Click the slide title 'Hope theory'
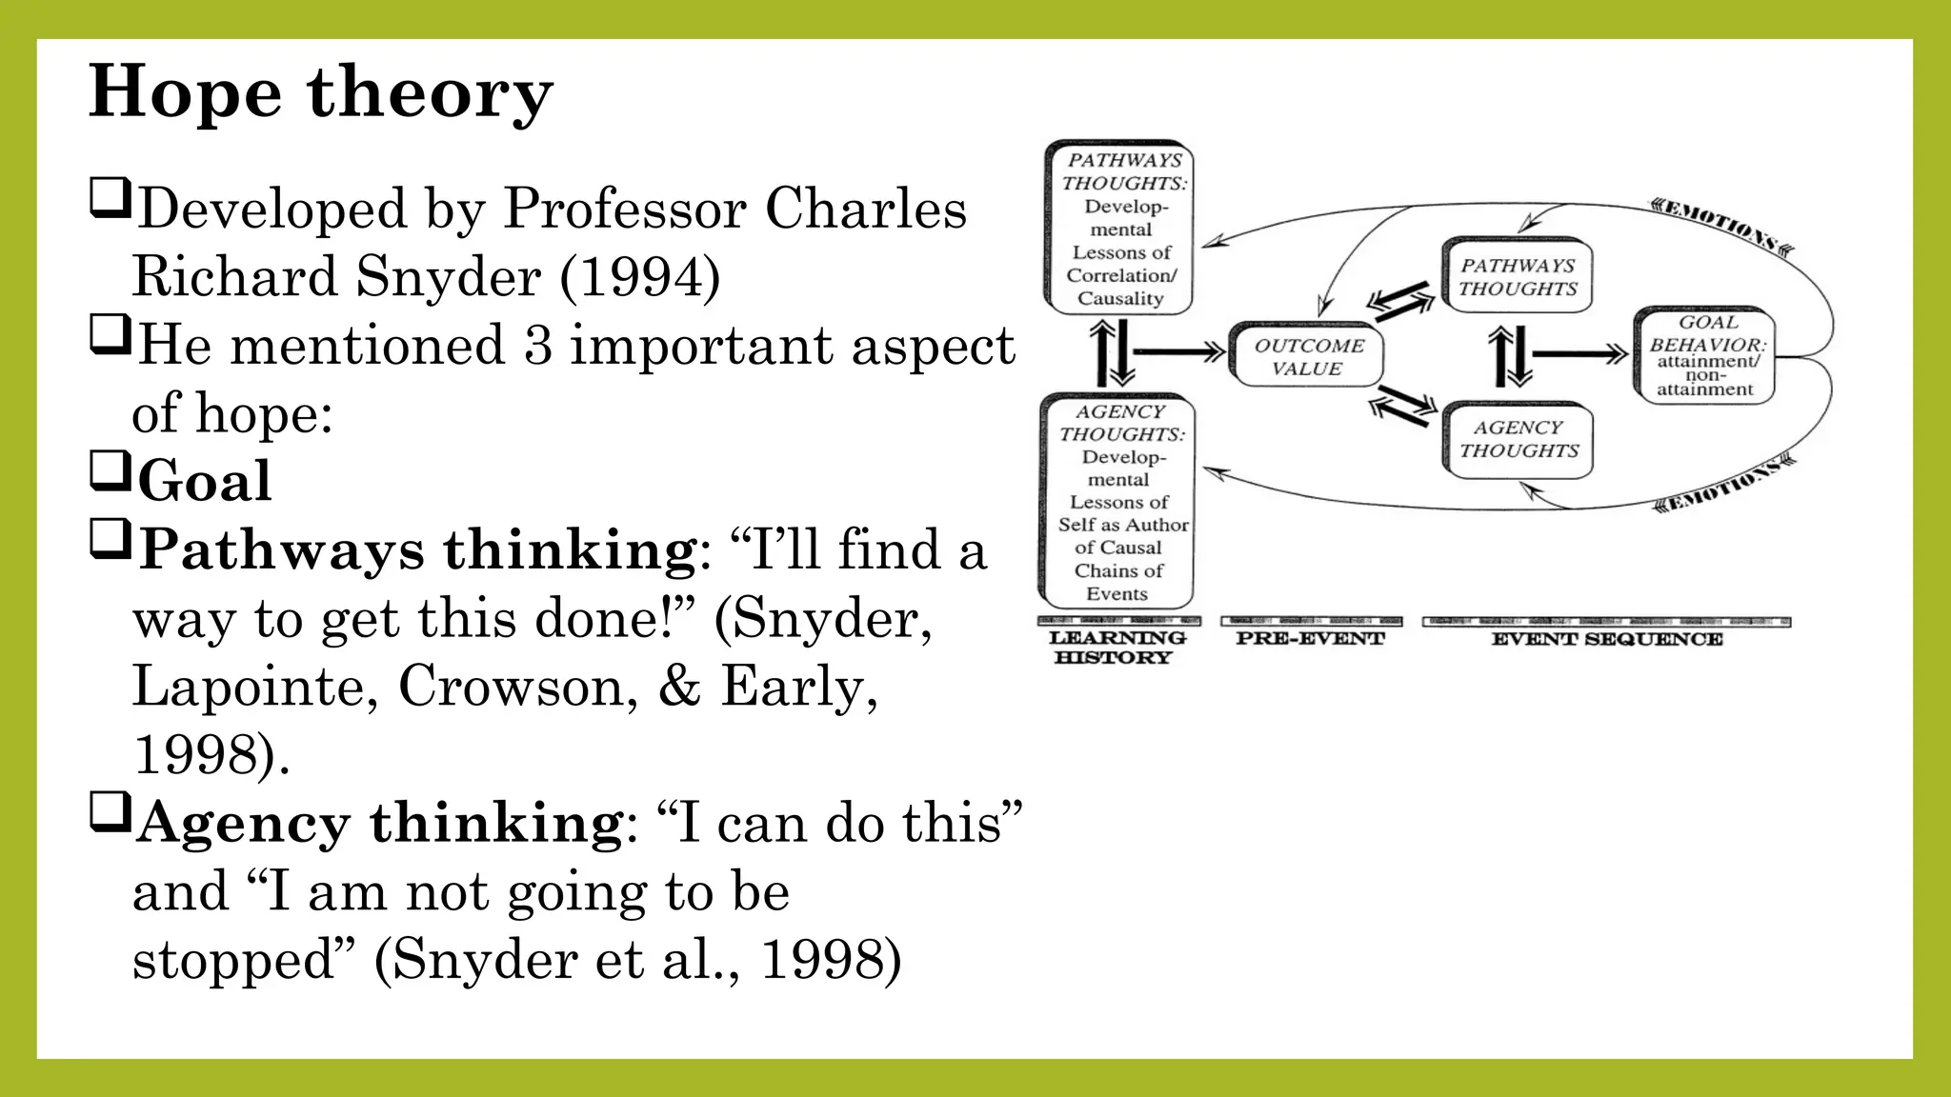(x=320, y=92)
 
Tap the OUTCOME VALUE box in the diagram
(x=1307, y=356)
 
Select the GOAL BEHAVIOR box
(x=1705, y=355)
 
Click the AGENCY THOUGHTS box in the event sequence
(x=1519, y=439)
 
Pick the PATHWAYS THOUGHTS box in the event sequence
(x=1518, y=277)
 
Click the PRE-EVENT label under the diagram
(x=1310, y=638)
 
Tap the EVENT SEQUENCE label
(x=1606, y=639)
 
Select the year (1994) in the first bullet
(x=639, y=277)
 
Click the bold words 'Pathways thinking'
(x=417, y=550)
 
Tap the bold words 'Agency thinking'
(x=379, y=822)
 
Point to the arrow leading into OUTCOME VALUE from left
(x=1177, y=353)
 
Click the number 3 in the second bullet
(x=537, y=345)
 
